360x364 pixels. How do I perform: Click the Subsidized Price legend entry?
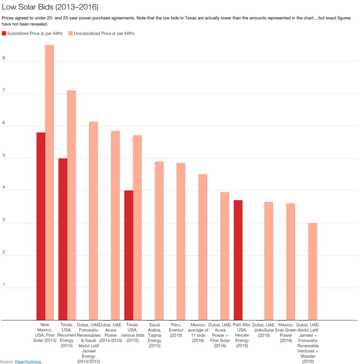tap(33, 34)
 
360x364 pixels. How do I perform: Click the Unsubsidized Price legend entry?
tap(101, 34)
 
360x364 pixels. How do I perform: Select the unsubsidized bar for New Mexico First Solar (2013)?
tap(49, 183)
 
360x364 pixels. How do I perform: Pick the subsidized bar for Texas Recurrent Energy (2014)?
tap(62, 239)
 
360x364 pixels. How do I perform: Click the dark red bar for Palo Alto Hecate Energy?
tap(238, 260)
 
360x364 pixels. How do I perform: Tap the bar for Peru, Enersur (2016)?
tap(180, 242)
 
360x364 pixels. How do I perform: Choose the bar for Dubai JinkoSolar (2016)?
tap(268, 261)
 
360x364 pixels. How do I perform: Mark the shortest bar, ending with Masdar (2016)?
tap(312, 272)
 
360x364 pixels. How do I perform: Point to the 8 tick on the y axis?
tap(4, 59)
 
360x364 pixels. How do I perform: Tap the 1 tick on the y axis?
tap(4, 285)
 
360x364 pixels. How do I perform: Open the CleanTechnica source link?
tap(28, 362)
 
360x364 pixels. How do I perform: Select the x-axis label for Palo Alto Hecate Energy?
tap(242, 335)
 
